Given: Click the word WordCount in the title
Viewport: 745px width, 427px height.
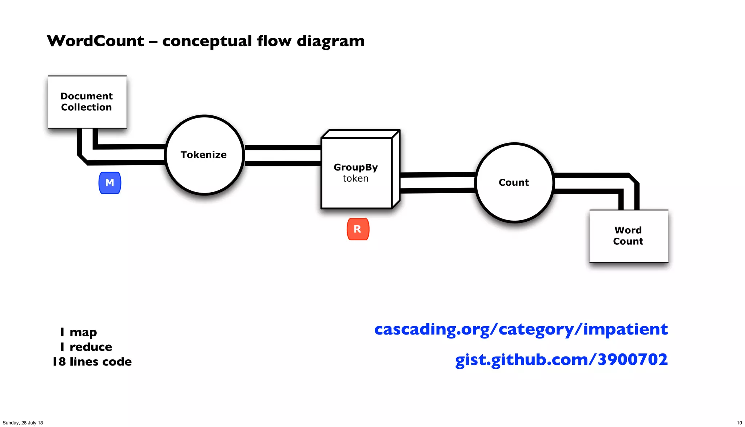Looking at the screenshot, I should click(x=95, y=41).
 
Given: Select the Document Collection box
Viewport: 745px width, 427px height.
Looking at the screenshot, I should click(x=87, y=102).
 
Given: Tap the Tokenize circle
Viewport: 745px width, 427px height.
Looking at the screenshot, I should click(x=204, y=155).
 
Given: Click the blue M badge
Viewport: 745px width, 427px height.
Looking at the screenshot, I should click(x=109, y=183).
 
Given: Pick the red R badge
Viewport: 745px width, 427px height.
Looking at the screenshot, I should click(x=358, y=229).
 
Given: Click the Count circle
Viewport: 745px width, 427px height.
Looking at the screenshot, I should click(x=514, y=182).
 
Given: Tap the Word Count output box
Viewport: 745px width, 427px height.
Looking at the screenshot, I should click(x=628, y=236).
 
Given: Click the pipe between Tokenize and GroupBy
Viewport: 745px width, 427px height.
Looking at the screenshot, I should click(x=283, y=155).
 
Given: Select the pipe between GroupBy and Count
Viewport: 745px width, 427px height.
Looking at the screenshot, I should click(x=438, y=183).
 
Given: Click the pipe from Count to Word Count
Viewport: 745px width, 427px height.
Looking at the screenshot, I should click(x=591, y=183).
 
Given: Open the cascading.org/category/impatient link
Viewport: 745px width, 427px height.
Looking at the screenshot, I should click(x=521, y=329).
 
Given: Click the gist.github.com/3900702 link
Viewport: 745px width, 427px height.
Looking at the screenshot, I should click(x=561, y=360).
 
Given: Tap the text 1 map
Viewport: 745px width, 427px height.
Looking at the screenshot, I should click(x=79, y=332).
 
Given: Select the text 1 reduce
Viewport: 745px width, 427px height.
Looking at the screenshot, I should click(x=86, y=347).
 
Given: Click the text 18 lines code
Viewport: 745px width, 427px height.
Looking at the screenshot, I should click(x=92, y=362).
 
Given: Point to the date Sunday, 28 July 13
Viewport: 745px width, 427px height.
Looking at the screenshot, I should click(x=23, y=423).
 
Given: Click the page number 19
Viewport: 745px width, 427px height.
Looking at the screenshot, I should click(x=739, y=423).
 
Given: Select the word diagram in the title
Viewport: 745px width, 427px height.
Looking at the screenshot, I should click(x=330, y=41).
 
